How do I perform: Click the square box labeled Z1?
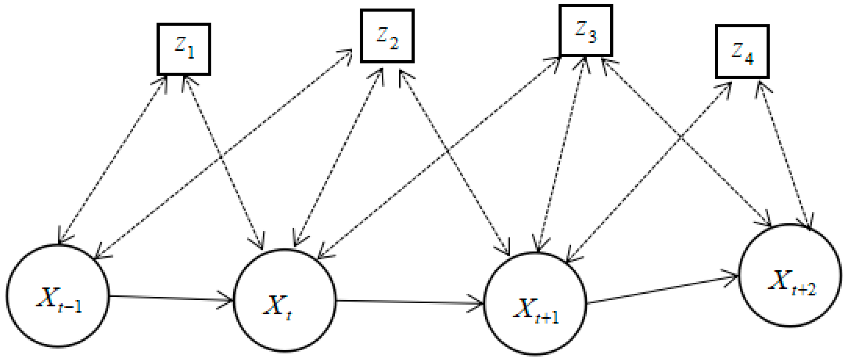(x=184, y=50)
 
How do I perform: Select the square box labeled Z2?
(x=387, y=36)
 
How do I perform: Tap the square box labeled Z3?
(x=586, y=31)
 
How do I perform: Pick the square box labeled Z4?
(x=743, y=52)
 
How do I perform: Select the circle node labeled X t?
(x=285, y=300)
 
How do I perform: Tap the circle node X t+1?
(x=535, y=304)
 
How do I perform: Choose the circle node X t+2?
(x=790, y=275)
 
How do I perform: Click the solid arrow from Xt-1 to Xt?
(x=171, y=298)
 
